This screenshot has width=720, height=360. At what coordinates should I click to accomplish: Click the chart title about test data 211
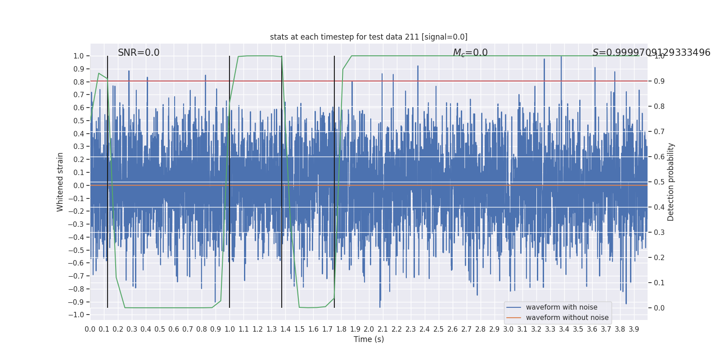(369, 37)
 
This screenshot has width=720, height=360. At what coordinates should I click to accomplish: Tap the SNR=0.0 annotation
(139, 53)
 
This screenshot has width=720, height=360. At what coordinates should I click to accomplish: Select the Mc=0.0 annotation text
(470, 53)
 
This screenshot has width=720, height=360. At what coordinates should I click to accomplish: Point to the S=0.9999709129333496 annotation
(651, 53)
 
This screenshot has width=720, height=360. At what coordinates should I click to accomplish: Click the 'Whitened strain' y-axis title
(60, 182)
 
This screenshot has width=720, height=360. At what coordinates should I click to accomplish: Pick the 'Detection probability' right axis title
(671, 182)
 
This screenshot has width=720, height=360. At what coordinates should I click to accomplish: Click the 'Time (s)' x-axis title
(369, 339)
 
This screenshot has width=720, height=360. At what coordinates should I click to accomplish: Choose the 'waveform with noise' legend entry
(561, 307)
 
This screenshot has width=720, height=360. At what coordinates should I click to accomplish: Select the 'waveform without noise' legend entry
(567, 318)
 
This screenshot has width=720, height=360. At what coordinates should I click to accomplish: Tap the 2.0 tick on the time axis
(369, 329)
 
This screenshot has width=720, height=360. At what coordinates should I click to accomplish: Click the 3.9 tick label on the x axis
(634, 329)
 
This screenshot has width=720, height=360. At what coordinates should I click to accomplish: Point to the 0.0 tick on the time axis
(90, 329)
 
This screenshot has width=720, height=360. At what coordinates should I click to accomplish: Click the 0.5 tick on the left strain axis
(79, 121)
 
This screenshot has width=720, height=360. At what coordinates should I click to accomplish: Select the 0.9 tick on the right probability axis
(659, 81)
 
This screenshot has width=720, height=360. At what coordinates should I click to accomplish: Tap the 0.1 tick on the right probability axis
(659, 283)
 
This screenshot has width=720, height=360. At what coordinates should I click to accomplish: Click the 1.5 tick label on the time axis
(299, 329)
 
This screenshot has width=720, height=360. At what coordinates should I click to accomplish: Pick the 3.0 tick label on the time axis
(508, 329)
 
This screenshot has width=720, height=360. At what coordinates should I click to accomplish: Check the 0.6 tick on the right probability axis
(659, 157)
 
